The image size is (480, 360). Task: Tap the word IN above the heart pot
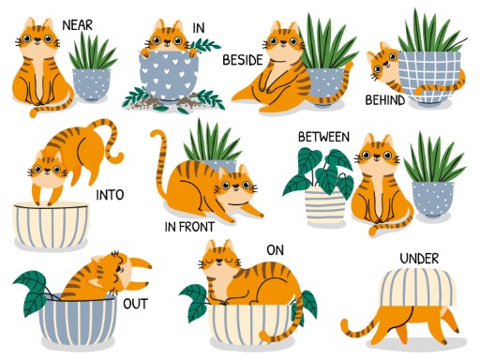(199, 28)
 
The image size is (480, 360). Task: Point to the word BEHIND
(385, 99)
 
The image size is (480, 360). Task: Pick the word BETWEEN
(323, 137)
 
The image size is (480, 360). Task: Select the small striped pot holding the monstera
(326, 205)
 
